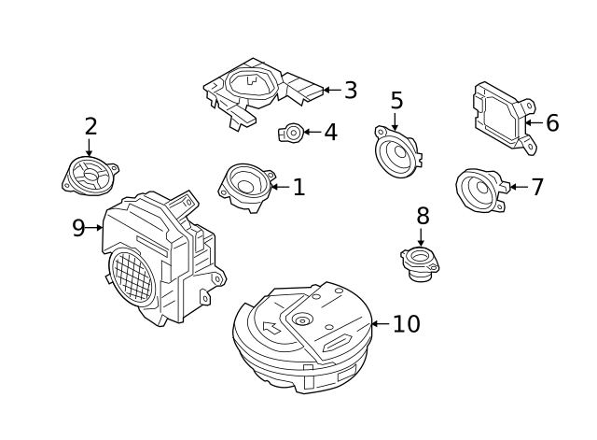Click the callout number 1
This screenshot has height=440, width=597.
coord(298,188)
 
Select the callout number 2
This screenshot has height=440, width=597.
coord(90,126)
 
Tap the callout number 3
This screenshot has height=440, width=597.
coord(351,91)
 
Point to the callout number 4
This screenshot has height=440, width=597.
coord(330,133)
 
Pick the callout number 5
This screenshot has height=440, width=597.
coord(396,101)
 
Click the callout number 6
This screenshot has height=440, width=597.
coord(552,123)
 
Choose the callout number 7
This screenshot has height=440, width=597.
coord(536,187)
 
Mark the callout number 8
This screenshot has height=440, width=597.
coord(423,217)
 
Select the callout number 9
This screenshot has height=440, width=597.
coord(78,229)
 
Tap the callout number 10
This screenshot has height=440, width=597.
coord(406,324)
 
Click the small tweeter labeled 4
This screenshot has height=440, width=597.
coord(291,133)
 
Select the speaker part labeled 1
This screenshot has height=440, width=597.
coord(246,184)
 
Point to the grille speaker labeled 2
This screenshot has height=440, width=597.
coord(90,175)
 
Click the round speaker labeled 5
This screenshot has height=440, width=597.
coord(396,152)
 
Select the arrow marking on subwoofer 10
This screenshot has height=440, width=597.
coord(271,328)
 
